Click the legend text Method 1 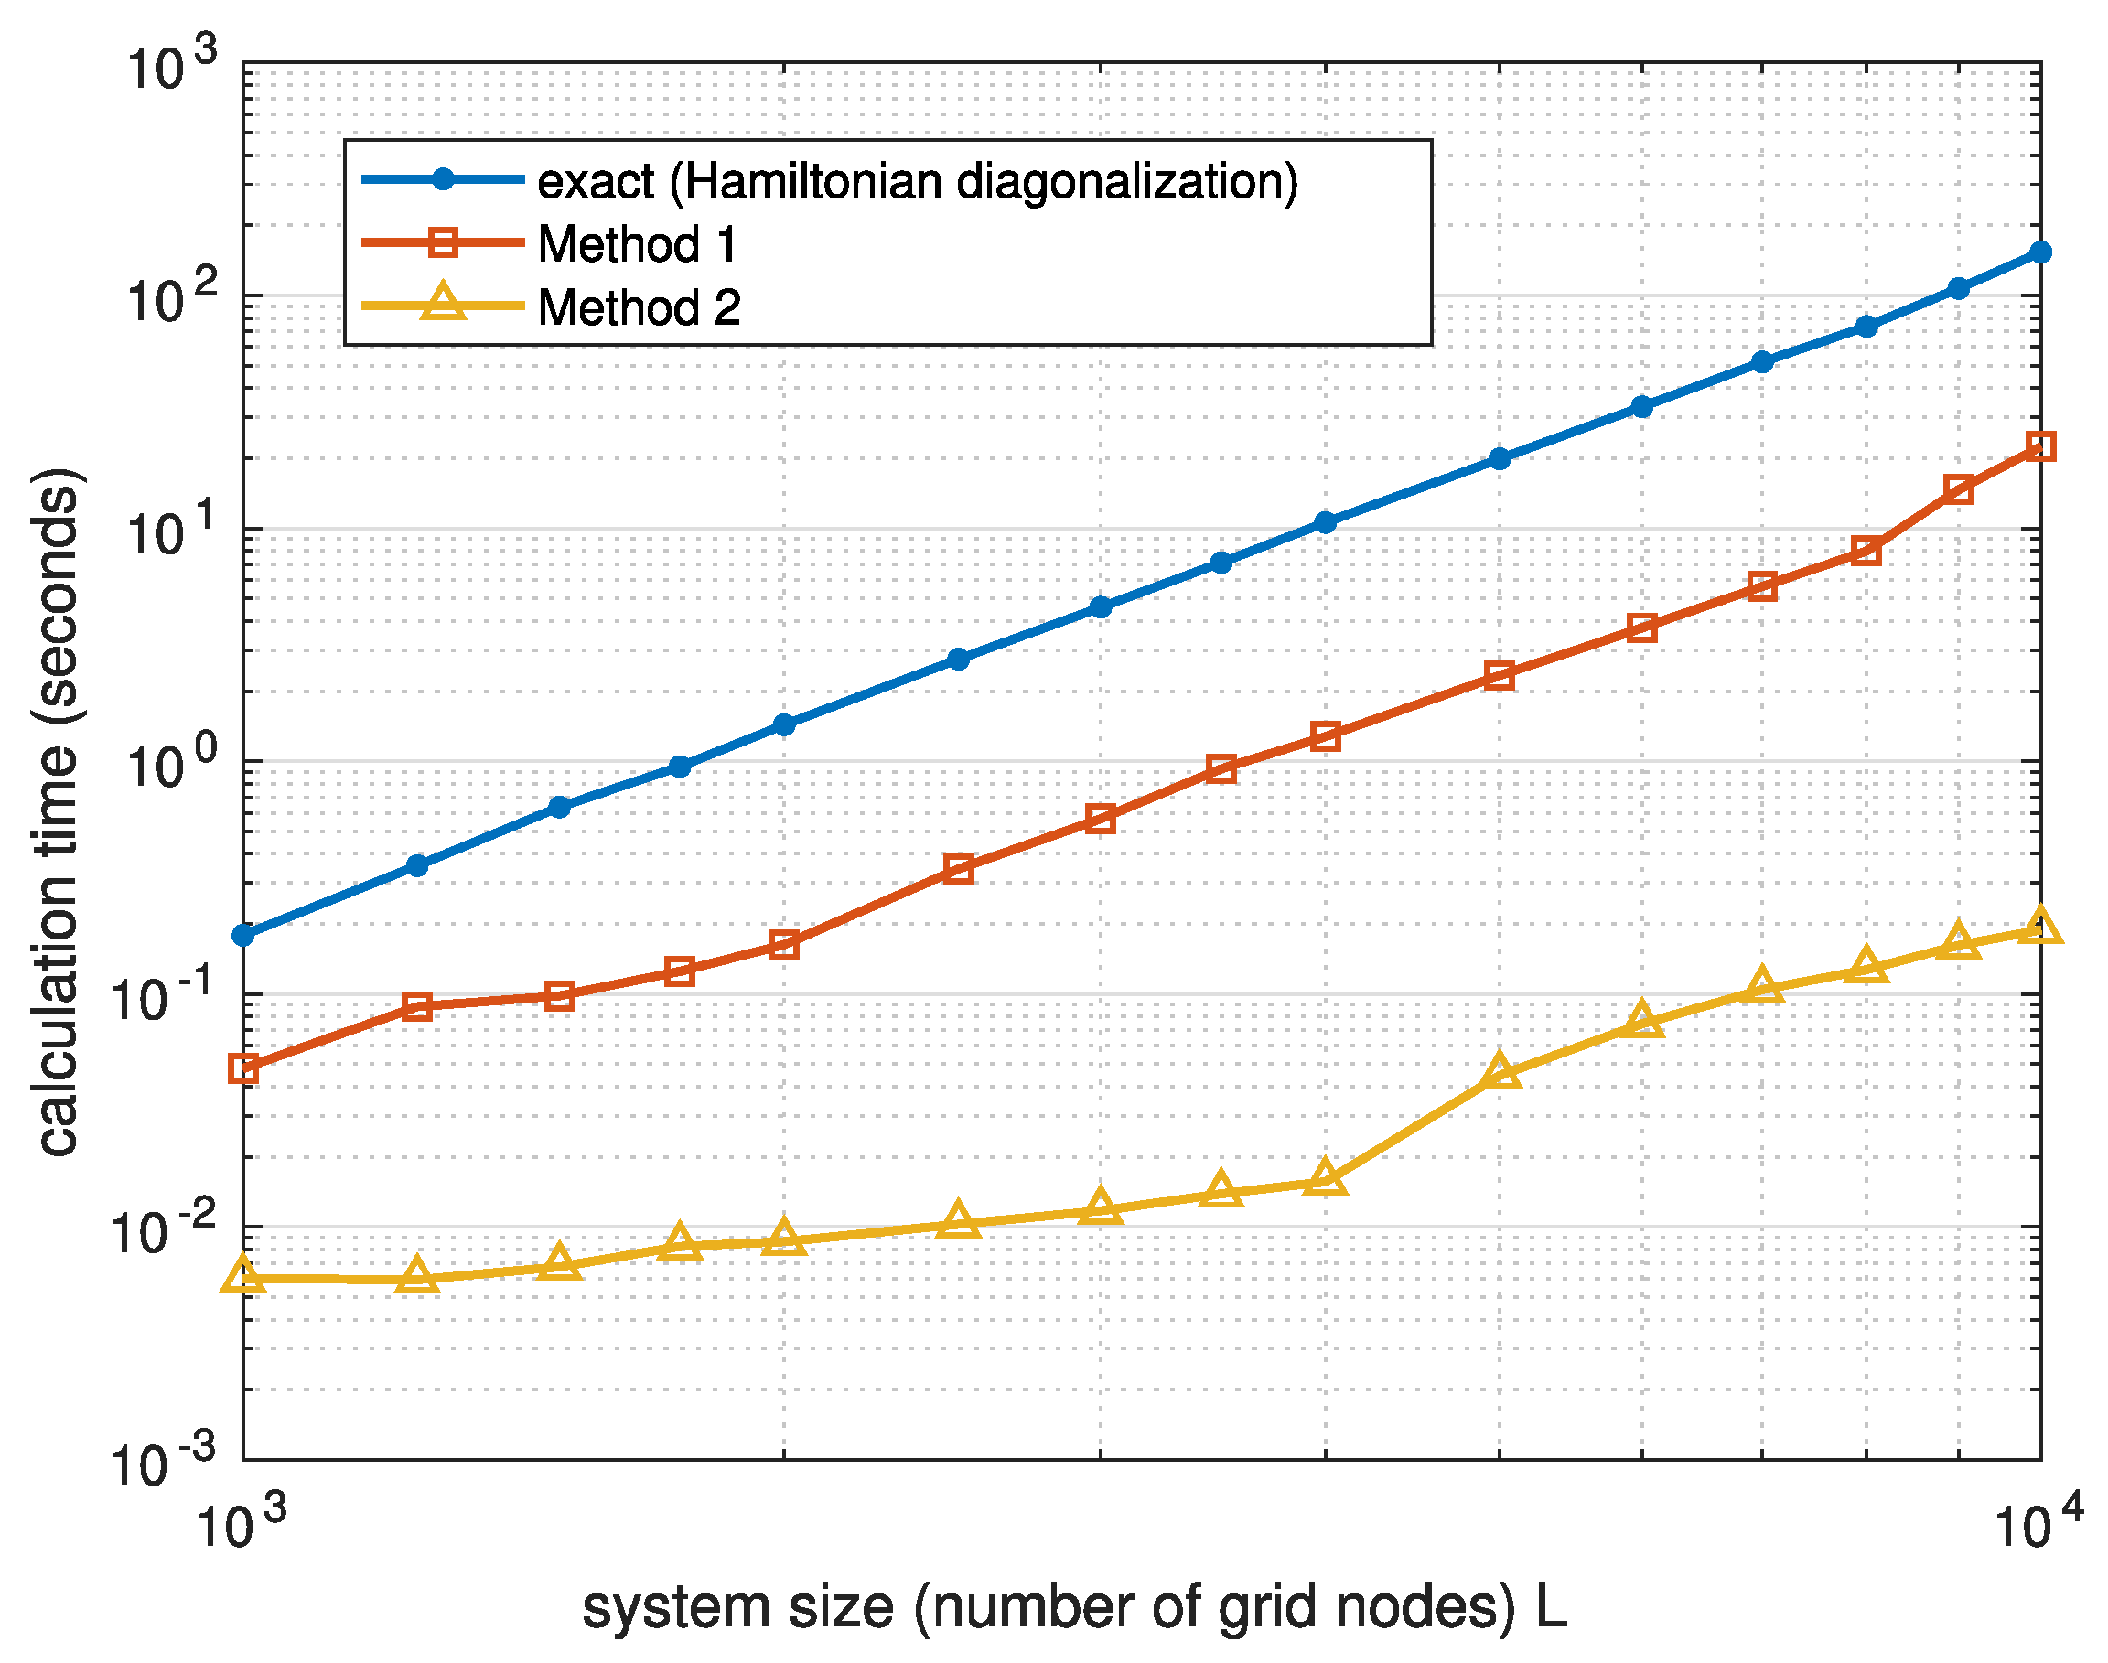[x=638, y=244]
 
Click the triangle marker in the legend [x=444, y=303]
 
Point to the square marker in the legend [x=444, y=241]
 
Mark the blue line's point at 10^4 [x=2040, y=253]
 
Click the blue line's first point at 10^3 [x=243, y=936]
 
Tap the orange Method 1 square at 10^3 [x=243, y=1069]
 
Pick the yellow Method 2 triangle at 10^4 [x=2040, y=928]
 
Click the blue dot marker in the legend [x=444, y=179]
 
